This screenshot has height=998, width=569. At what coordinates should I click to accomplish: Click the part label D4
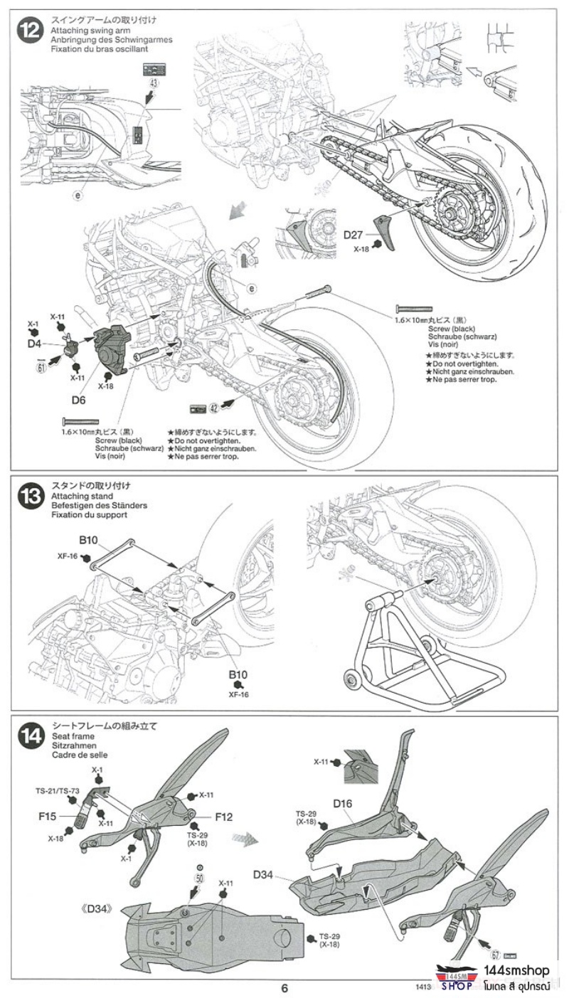pos(33,344)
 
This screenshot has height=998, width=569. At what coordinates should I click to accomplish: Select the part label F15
pos(47,816)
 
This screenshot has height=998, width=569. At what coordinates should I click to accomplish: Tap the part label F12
pos(223,817)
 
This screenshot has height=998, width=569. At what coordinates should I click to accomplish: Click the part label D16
pos(343,805)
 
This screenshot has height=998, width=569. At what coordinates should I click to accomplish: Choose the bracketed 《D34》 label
pos(97,908)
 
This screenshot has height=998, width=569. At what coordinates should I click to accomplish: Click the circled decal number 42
pos(213,408)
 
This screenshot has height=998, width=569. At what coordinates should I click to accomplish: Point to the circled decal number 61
pos(41,367)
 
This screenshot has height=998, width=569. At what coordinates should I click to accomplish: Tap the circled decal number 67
pos(495,955)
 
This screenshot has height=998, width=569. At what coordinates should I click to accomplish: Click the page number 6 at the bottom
pos(284,988)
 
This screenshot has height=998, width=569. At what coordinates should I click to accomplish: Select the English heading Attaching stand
pos(78,495)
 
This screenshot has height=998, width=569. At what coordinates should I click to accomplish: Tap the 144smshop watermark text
pos(516,971)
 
